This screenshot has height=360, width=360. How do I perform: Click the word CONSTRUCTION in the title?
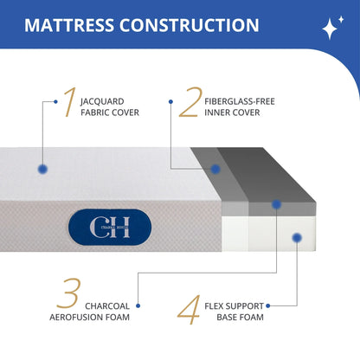point(196,24)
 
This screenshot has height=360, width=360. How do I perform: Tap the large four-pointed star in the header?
point(331,30)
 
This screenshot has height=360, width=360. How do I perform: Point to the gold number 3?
point(67,295)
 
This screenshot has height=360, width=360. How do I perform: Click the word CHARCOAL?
point(109,305)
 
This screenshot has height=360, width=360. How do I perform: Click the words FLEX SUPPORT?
point(234,305)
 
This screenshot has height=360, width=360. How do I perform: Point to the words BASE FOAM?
point(240,318)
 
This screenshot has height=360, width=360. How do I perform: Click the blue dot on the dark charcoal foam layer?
point(276,205)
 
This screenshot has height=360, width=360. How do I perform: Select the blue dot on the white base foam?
point(296,235)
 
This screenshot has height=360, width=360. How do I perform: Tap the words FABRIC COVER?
point(109,112)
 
